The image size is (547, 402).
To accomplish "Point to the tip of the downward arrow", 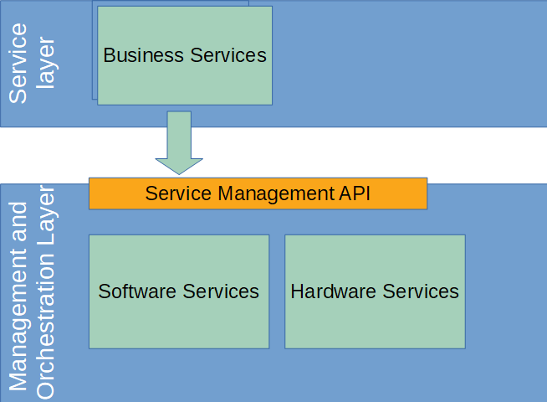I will coord(179,172).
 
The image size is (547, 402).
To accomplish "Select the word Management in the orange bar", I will coord(277,193).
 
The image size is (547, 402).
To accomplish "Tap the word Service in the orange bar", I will coord(179,193).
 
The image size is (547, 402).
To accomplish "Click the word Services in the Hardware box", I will coord(418,291).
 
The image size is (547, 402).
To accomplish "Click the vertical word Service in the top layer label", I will coord(18,63).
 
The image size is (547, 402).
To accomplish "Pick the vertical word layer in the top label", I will coord(46,63).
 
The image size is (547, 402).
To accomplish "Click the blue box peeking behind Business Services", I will coord(95,50).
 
